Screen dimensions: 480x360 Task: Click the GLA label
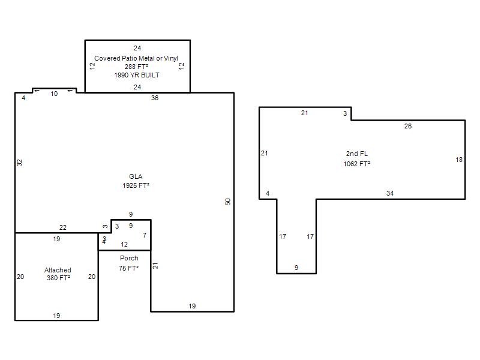136,176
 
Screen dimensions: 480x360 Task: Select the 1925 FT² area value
136,185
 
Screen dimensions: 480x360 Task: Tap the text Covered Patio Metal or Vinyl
136,58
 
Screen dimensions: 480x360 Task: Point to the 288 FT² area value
137,67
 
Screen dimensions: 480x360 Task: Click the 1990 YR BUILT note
137,75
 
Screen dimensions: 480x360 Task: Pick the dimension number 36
155,98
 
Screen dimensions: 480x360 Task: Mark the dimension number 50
228,202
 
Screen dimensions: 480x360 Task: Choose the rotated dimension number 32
20,163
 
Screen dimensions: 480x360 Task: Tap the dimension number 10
54,94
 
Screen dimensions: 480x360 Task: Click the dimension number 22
63,227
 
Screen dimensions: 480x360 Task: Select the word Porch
129,258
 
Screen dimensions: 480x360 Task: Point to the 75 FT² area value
128,268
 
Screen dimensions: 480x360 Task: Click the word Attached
58,270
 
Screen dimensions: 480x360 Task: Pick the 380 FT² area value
58,278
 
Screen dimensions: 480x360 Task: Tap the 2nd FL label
357,154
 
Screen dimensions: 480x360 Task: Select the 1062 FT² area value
356,164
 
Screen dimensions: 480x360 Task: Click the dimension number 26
408,126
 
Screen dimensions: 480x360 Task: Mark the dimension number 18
459,160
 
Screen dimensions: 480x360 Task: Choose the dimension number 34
390,193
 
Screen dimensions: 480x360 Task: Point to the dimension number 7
145,235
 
